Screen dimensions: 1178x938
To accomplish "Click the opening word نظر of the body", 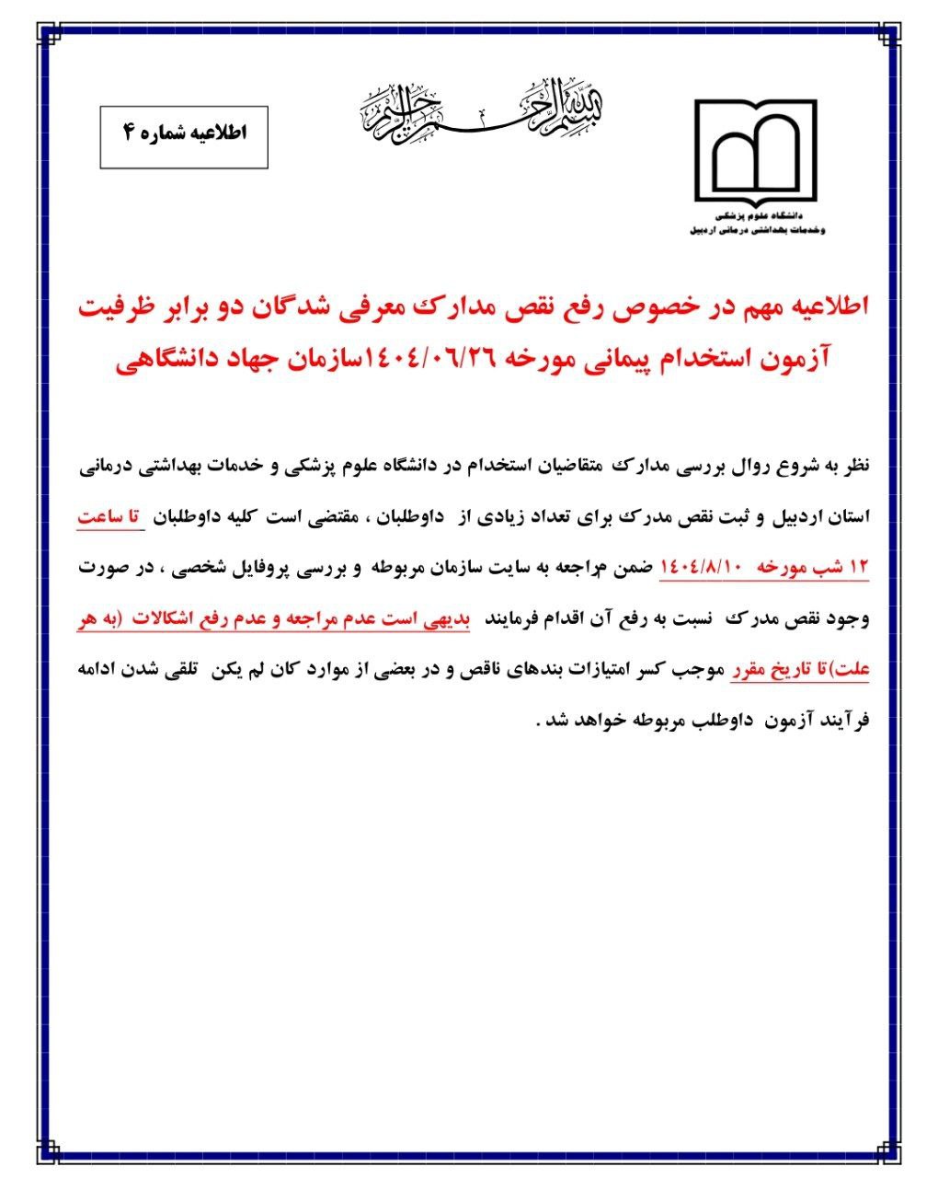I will (x=850, y=467).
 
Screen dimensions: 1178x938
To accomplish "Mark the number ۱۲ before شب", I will (x=857, y=568).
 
